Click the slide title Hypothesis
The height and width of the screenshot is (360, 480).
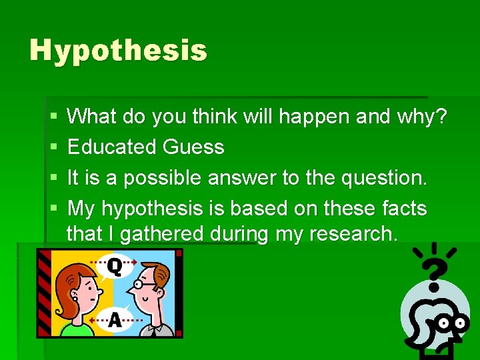118,51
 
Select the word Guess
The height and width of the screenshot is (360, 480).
194,147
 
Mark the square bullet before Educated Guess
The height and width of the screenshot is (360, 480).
53,147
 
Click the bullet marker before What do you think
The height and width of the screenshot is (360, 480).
53,117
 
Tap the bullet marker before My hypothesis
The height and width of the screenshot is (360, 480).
53,209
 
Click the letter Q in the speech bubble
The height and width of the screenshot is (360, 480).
115,267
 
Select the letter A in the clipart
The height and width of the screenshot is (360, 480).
115,320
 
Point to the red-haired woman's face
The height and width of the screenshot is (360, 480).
81,294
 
